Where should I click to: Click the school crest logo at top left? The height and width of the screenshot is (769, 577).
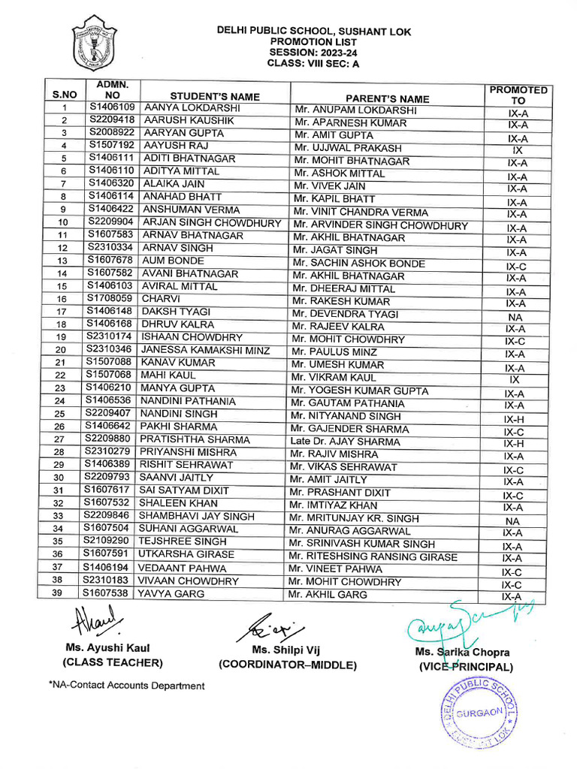94,44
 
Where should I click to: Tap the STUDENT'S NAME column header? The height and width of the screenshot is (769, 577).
215,96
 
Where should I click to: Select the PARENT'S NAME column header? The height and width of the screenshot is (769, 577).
388,98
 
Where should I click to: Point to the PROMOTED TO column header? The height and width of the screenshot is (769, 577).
518,95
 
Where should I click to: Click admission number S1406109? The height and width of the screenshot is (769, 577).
112,108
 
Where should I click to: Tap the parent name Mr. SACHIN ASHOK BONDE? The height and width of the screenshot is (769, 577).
359,264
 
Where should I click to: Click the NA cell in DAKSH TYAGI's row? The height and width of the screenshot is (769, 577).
515,317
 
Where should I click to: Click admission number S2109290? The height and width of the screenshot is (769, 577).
109,541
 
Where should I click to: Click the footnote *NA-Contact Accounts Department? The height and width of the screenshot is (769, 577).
126,686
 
